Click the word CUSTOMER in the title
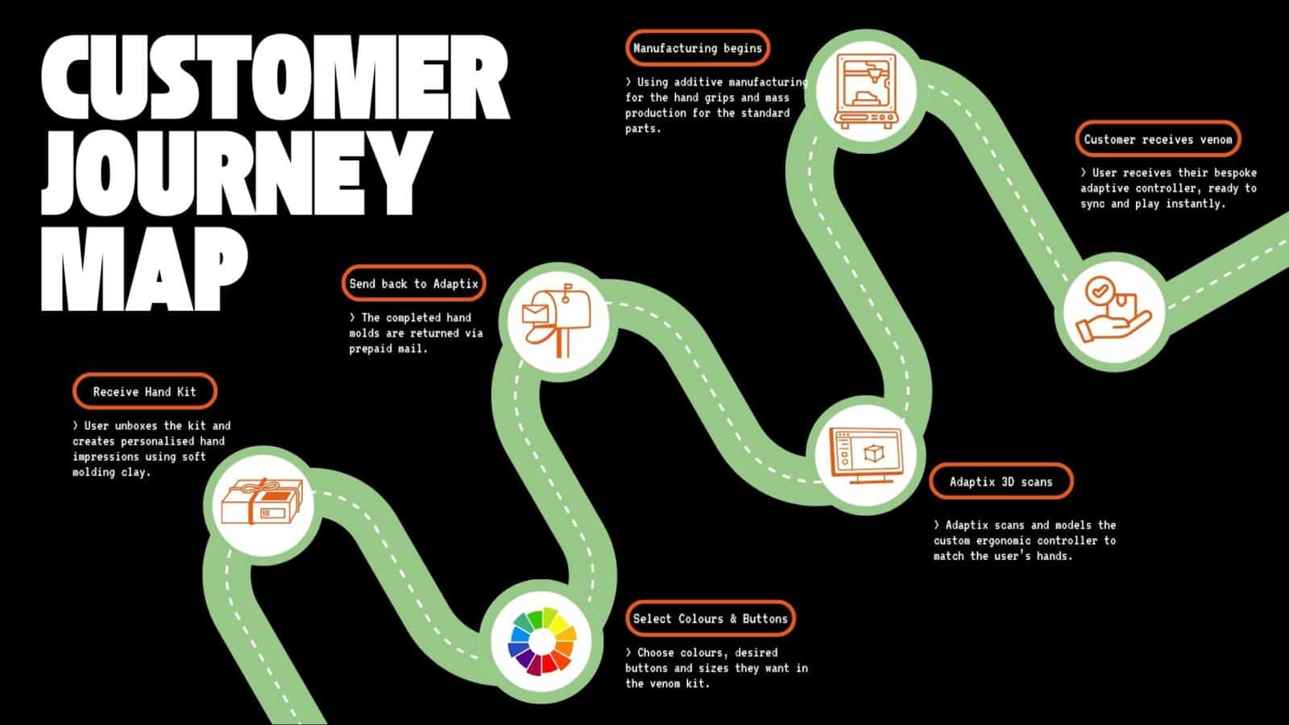(274, 78)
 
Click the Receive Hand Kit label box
(144, 392)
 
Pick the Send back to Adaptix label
(413, 284)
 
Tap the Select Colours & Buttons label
(710, 619)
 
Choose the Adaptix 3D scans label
(1001, 482)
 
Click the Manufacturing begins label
(697, 48)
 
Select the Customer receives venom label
(1158, 139)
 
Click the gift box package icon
(262, 502)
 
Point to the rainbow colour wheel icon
(541, 641)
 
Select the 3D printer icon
(867, 90)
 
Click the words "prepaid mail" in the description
(388, 349)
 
